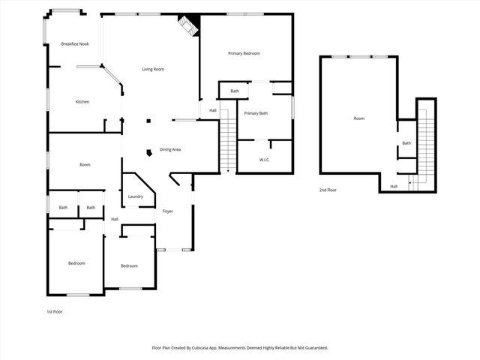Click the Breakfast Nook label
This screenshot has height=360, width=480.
(75, 44)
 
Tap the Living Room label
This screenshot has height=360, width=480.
(153, 70)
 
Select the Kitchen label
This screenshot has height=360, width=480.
(82, 101)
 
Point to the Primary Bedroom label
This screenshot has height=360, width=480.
(244, 53)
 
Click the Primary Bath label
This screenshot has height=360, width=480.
(256, 113)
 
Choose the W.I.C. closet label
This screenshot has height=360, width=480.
(265, 160)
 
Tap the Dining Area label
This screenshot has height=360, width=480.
(170, 149)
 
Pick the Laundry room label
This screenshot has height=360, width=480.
(135, 196)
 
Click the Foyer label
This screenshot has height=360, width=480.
(168, 211)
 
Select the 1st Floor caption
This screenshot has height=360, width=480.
(55, 311)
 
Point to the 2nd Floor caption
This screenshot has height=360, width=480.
(328, 190)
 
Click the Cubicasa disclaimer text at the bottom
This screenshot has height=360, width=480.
(240, 347)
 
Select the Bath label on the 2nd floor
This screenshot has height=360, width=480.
(406, 143)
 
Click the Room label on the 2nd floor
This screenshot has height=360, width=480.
(359, 118)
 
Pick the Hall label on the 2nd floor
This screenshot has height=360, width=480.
(394, 187)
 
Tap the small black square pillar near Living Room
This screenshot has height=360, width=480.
(148, 120)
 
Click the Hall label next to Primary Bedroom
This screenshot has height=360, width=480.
(213, 111)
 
